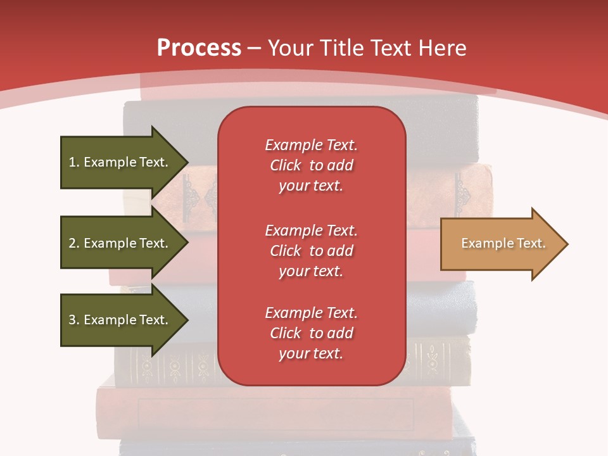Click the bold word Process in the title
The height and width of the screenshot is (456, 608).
[199, 48]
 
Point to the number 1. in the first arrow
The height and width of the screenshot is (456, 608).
[74, 162]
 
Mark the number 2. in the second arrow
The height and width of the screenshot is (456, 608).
[74, 243]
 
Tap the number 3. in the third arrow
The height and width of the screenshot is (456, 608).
[74, 320]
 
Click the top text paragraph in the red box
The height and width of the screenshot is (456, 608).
[311, 165]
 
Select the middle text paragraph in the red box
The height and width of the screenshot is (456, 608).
[311, 251]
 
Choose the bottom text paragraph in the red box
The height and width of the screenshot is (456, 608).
[311, 333]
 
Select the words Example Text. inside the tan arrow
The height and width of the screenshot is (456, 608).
[503, 243]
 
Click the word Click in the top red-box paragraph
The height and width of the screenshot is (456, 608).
[286, 165]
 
